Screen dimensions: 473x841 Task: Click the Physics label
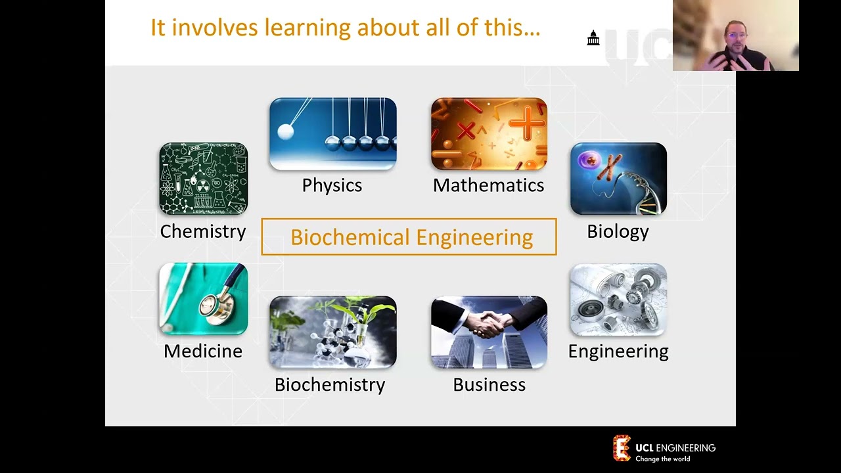(x=332, y=185)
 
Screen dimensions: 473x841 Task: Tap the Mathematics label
(x=488, y=185)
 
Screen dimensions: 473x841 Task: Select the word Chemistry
(x=203, y=231)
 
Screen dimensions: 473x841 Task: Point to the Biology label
(x=618, y=231)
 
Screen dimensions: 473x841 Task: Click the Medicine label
(x=203, y=351)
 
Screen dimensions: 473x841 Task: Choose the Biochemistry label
(x=330, y=384)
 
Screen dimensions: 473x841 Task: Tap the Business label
(x=489, y=384)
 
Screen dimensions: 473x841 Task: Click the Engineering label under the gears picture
(x=618, y=351)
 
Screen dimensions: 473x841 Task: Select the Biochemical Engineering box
(x=409, y=236)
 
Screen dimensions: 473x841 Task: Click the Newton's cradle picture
(x=332, y=134)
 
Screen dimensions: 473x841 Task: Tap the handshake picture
(x=489, y=332)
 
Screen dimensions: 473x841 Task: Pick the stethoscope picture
(x=203, y=299)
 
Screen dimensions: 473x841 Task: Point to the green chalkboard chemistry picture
(x=203, y=179)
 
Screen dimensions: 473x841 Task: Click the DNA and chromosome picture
(x=618, y=179)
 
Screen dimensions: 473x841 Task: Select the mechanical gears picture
(x=618, y=300)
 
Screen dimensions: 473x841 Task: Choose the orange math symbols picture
(x=489, y=134)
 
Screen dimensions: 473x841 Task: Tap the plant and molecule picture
(x=332, y=332)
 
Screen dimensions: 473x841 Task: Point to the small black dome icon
(x=593, y=38)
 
